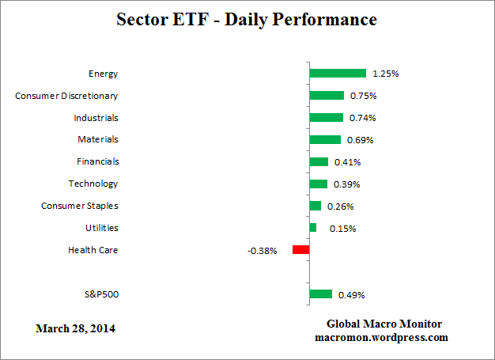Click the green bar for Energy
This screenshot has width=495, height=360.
338,73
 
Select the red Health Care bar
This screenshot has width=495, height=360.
300,250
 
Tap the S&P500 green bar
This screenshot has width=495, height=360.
320,294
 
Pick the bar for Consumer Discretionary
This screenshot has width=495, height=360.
327,95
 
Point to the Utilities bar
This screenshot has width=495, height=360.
313,228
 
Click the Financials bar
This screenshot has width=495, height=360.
319,161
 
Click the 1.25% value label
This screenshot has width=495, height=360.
386,74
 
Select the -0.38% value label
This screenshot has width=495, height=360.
263,251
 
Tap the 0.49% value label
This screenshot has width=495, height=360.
351,295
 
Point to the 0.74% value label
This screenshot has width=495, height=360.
363,118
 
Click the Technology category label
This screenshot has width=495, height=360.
93,184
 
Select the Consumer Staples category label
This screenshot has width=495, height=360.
79,206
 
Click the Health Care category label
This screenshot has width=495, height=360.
93,250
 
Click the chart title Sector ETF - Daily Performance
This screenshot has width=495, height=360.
247,18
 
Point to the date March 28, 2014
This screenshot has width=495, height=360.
76,328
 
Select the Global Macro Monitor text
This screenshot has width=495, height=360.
384,324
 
